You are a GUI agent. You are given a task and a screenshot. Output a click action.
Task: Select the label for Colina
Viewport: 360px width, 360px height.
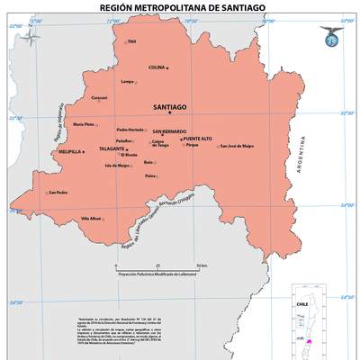[157, 67]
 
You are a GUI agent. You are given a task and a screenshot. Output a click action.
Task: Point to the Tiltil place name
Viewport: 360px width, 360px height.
[131, 41]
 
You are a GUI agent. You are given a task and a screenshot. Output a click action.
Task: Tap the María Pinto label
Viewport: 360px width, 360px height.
[84, 124]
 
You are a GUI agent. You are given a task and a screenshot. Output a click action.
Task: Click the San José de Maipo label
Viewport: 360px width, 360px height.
[237, 146]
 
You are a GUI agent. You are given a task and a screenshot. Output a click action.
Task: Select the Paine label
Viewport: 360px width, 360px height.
[149, 176]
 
